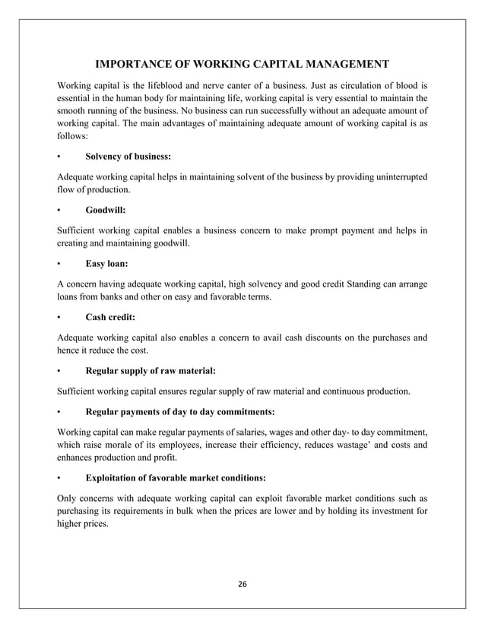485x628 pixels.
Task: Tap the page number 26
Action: point(242,584)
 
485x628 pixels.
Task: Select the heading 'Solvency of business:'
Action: point(128,157)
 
